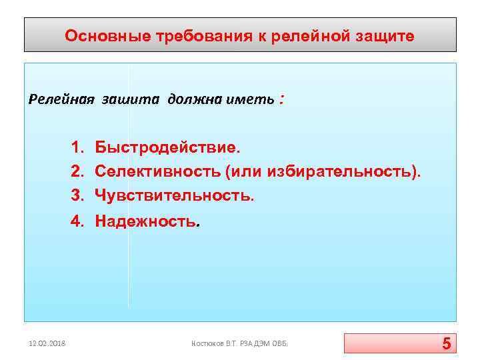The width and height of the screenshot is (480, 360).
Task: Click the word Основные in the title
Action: pyautogui.click(x=97, y=36)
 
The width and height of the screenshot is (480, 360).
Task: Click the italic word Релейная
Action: pyautogui.click(x=62, y=99)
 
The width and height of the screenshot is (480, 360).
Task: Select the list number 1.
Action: pyautogui.click(x=77, y=147)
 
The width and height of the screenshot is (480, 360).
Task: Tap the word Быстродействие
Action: pyautogui.click(x=166, y=147)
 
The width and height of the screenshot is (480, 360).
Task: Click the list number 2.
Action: pyautogui.click(x=77, y=171)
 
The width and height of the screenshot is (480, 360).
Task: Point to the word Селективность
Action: pyautogui.click(x=158, y=171)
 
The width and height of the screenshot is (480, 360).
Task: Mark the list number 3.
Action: pyautogui.click(x=77, y=195)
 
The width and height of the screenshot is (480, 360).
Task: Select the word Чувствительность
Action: pyautogui.click(x=174, y=195)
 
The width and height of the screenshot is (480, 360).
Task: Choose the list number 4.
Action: pyautogui.click(x=77, y=221)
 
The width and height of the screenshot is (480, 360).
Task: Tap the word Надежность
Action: pyautogui.click(x=146, y=221)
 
